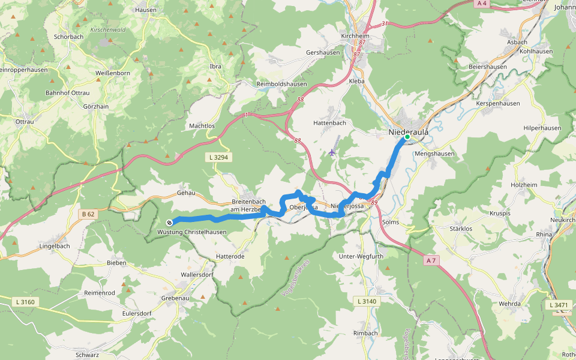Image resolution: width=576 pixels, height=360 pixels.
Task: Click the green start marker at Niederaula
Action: point(407,137)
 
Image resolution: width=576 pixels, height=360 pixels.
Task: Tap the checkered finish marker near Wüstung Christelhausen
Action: point(169,223)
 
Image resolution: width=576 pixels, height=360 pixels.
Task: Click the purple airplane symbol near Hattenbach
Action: point(332,152)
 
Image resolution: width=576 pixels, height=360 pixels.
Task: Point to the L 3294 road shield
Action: point(218,157)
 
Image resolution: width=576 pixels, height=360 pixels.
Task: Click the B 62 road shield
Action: point(88,214)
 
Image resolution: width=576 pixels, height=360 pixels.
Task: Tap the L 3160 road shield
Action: point(24,302)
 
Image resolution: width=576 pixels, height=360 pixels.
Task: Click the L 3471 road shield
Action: point(558,305)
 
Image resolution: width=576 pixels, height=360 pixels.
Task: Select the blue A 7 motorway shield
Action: point(430,260)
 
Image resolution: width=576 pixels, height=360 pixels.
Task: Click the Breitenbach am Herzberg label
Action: point(248,206)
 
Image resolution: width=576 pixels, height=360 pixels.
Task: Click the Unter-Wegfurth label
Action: point(361,257)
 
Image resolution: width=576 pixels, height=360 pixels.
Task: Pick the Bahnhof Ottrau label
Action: point(67,93)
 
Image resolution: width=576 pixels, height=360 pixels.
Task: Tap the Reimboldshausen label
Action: point(282,84)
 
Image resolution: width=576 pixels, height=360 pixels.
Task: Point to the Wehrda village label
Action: point(509,304)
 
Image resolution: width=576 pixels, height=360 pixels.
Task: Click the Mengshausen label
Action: point(434,154)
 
